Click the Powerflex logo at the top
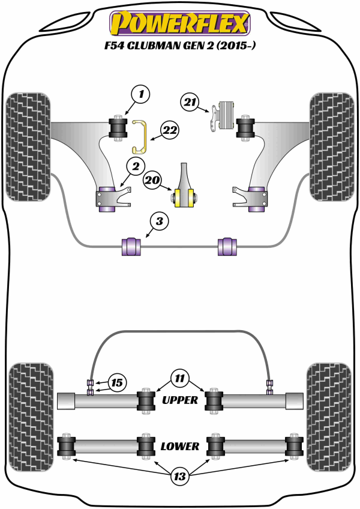179,23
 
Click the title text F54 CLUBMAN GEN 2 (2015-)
180,45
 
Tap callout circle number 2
134,166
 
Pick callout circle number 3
158,222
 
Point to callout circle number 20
152,178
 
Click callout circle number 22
169,129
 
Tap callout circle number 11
179,378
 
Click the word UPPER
180,400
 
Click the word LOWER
180,447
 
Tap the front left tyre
28,146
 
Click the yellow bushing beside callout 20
185,196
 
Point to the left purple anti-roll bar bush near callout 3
131,246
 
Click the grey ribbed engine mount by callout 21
226,115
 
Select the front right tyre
331,146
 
